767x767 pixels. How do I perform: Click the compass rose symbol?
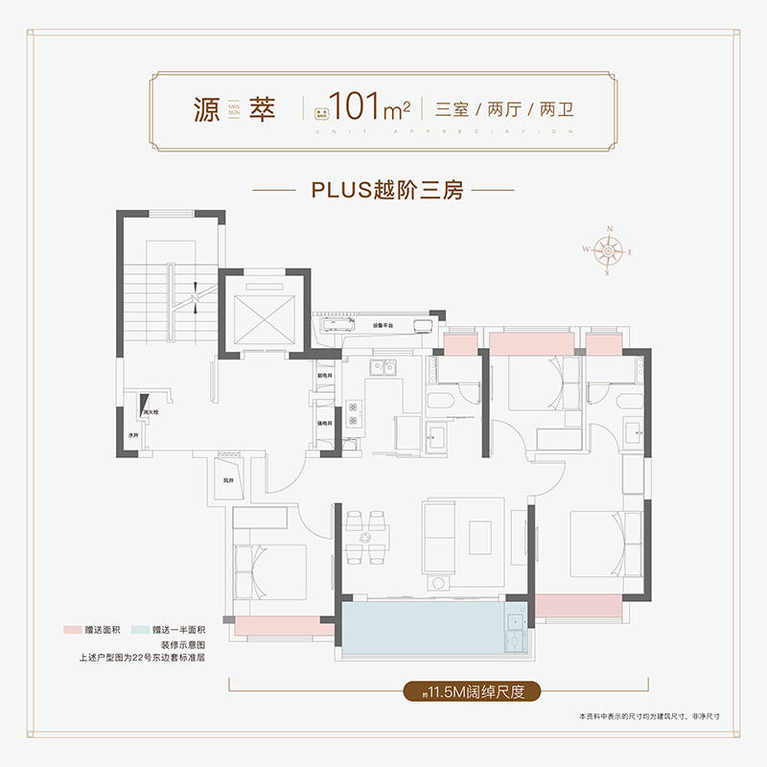pos(608,250)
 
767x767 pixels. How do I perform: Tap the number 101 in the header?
pos(359,105)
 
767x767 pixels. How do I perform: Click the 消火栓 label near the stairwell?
pos(151,413)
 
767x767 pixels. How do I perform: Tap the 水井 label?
pos(134,435)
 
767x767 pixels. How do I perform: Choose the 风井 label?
pos(228,478)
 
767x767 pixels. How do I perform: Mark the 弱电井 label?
pos(324,375)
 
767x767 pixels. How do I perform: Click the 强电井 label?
pos(324,423)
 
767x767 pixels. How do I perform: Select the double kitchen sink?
pos(384,365)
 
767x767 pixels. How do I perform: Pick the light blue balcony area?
pos(422,627)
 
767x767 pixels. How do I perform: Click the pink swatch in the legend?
pos(69,629)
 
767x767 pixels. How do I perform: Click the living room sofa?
pos(439,542)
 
